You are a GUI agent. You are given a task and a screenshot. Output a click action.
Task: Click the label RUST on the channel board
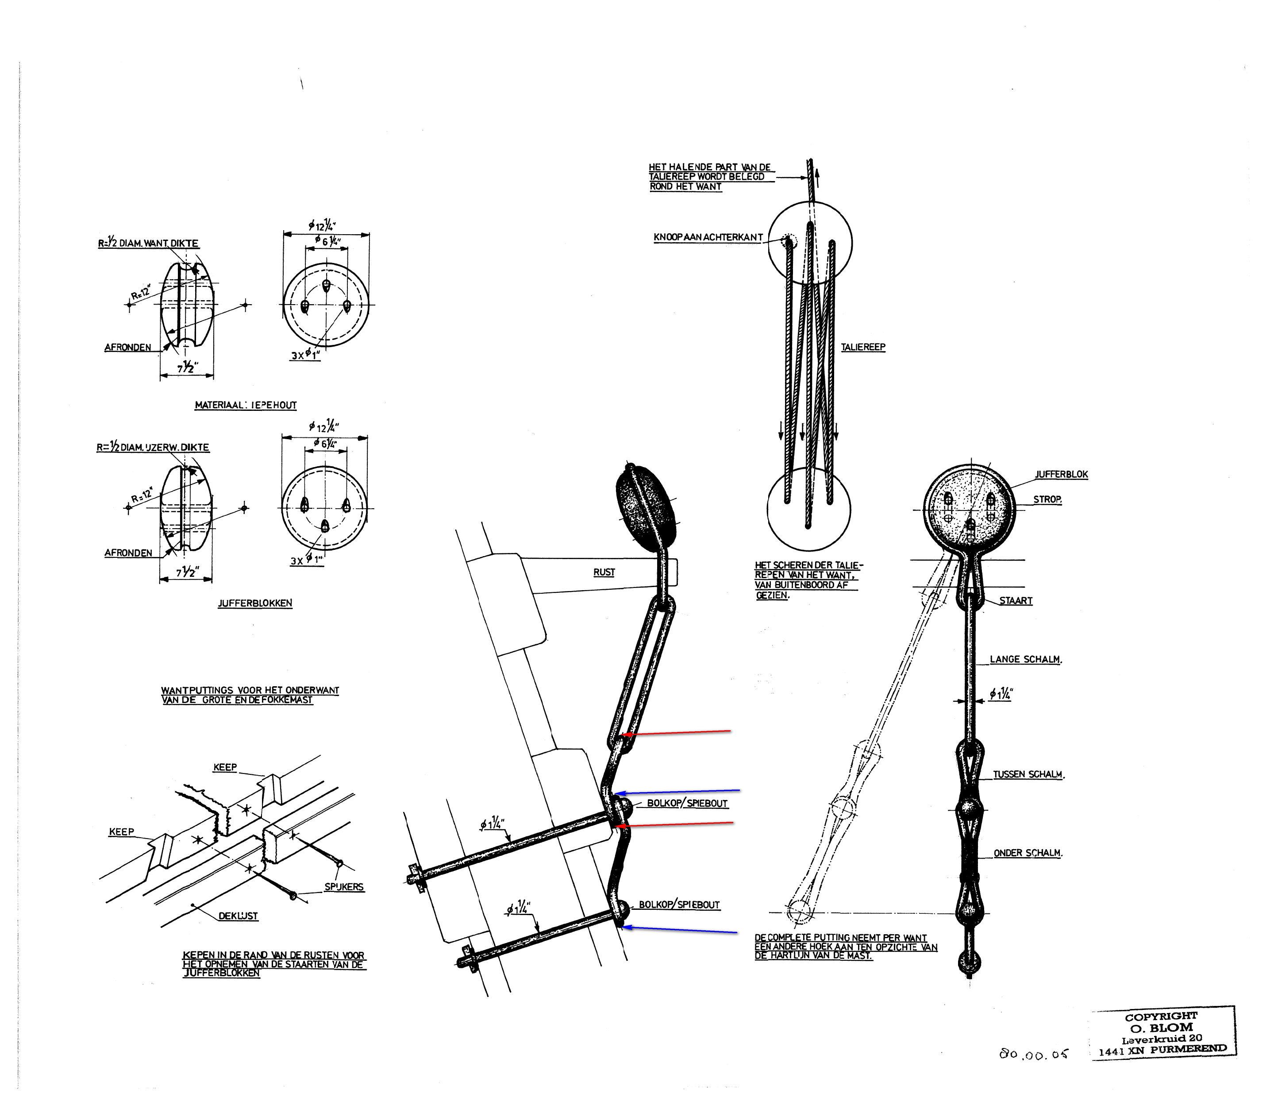(604, 572)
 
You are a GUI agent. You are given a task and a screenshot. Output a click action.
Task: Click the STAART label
(1016, 601)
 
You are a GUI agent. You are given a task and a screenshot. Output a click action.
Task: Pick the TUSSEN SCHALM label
(1029, 774)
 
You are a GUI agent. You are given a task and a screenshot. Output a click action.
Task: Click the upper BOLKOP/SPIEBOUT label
(687, 803)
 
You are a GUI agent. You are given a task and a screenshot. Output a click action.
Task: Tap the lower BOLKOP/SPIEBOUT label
(679, 905)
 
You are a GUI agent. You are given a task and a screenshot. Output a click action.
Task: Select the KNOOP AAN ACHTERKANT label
(708, 237)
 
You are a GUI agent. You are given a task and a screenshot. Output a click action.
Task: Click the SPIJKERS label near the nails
(344, 887)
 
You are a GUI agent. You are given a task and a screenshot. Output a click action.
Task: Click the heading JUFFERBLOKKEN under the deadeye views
(255, 603)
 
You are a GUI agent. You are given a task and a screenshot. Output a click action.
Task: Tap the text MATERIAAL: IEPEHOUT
(246, 406)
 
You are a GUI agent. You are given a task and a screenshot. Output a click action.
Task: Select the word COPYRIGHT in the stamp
(1162, 1017)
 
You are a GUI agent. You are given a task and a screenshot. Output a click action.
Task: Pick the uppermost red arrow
(676, 733)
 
